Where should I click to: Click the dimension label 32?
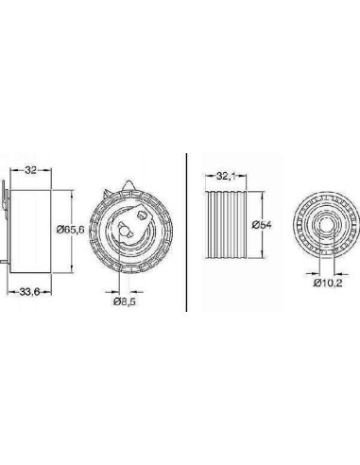click(x=30, y=170)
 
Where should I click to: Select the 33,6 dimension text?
click(x=29, y=292)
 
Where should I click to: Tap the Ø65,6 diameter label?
click(x=71, y=230)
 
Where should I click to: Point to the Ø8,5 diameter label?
click(x=125, y=301)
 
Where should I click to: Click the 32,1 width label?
click(x=226, y=177)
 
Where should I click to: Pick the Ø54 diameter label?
click(x=262, y=225)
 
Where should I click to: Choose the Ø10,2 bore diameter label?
click(x=328, y=283)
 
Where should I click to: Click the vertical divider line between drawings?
click(x=186, y=232)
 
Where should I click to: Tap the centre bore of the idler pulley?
click(x=326, y=225)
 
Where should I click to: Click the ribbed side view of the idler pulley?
click(x=226, y=225)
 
